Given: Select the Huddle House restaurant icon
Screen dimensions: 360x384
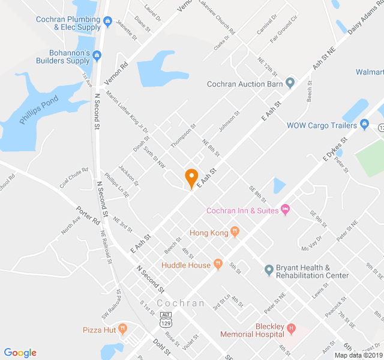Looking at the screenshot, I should click(x=218, y=264).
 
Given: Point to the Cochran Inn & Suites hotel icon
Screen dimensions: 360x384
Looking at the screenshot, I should click(x=285, y=209).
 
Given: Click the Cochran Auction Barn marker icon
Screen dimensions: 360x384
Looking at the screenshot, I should click(x=290, y=83).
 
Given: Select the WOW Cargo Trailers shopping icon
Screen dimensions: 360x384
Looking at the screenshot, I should click(x=364, y=125).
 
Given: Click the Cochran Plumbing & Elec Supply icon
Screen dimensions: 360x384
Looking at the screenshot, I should click(x=108, y=23).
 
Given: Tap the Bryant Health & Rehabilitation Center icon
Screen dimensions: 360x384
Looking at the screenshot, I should click(x=269, y=269).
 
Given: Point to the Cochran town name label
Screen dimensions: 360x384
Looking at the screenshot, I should click(x=181, y=303).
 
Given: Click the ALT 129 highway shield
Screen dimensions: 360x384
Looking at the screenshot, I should click(x=166, y=319).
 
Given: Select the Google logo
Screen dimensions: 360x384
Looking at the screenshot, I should click(x=20, y=353).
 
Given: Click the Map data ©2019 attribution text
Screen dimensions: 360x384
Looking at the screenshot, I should click(x=357, y=355).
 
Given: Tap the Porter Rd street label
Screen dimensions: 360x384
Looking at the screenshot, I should click(x=88, y=216).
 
